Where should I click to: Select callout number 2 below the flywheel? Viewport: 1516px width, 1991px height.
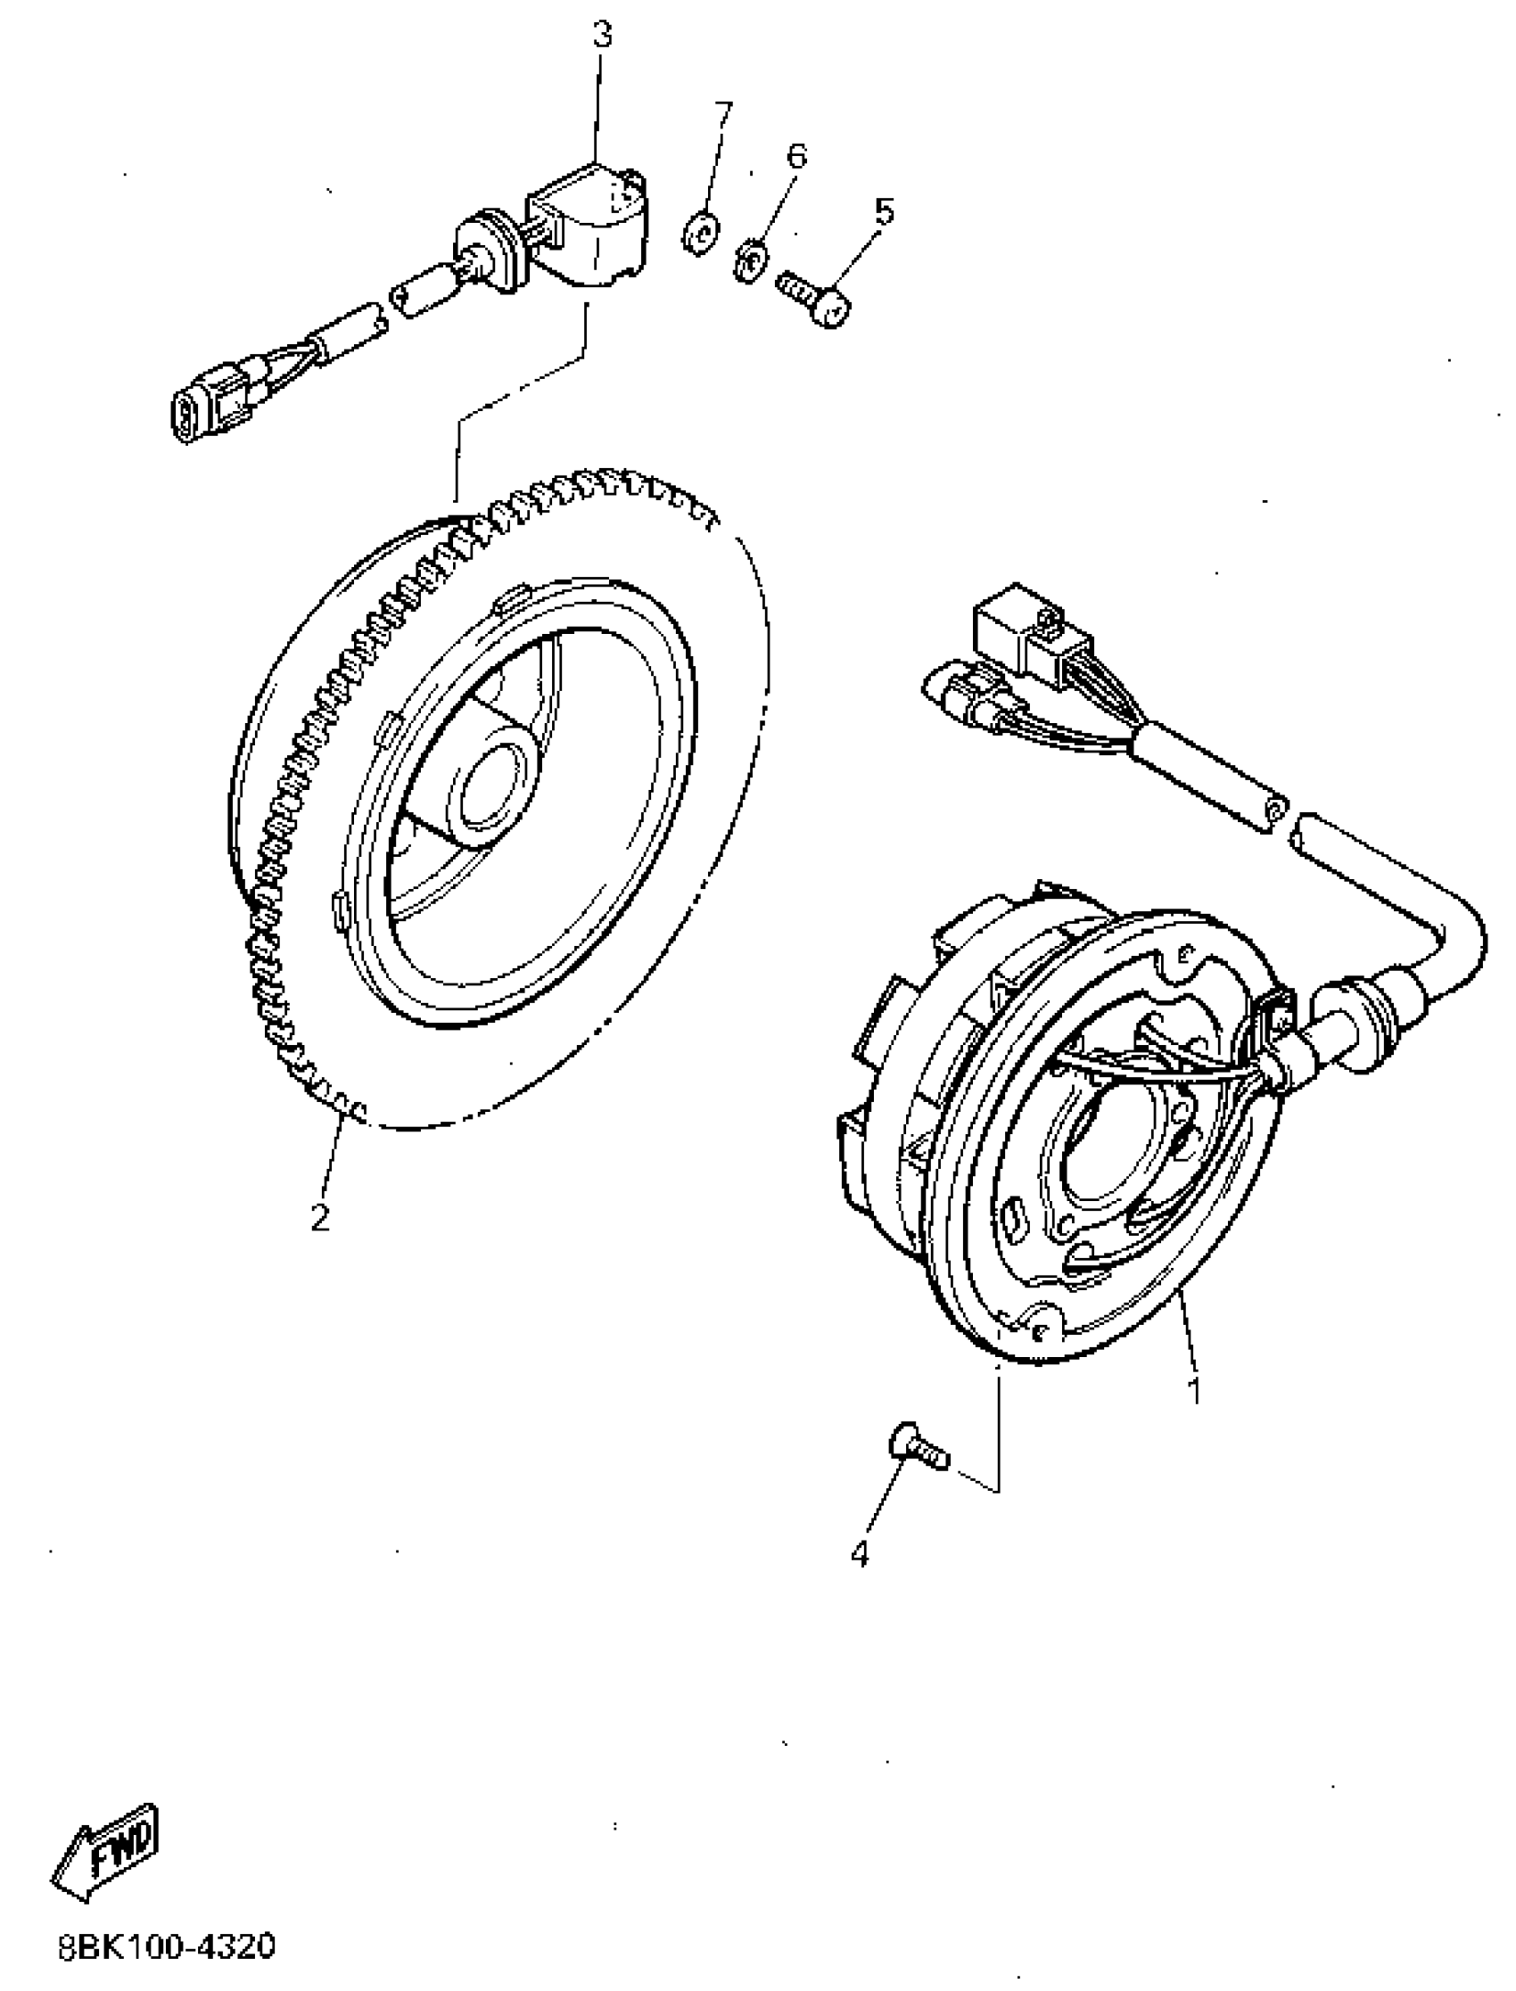point(320,1217)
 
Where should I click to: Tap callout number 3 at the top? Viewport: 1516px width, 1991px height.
point(602,36)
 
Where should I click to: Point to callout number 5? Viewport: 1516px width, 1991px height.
point(885,213)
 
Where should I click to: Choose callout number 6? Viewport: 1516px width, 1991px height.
point(795,156)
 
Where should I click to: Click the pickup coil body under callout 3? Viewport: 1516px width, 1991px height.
point(592,229)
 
